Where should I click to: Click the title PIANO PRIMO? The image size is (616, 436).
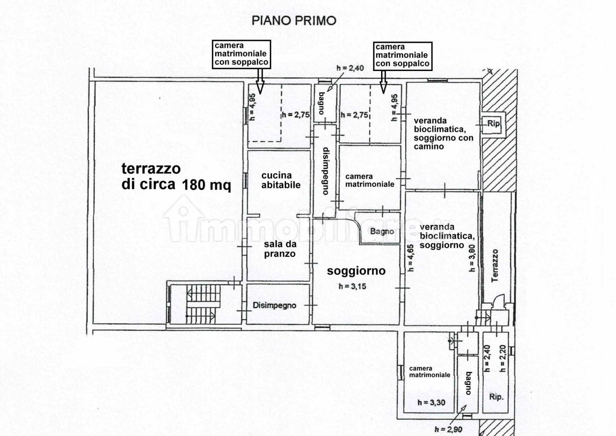pos(294,20)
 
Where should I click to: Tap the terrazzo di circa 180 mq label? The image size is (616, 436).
pos(176,176)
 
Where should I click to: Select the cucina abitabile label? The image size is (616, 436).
pos(281,180)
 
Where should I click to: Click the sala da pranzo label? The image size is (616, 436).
pos(279,249)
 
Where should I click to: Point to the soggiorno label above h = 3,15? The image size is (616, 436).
pos(356,271)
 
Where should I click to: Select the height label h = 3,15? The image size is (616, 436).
pos(352,286)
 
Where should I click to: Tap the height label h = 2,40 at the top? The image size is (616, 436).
pos(350,68)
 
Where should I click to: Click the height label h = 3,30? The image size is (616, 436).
pos(432,402)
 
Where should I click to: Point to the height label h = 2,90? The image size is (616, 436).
pos(448,429)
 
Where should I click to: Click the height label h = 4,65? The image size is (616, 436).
pos(410,257)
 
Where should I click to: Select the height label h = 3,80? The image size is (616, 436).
pos(472,257)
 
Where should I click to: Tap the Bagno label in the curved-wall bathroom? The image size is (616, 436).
pos(382,231)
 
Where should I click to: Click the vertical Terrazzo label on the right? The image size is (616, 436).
pos(495,266)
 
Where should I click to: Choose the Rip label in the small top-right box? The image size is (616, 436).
pos(493,123)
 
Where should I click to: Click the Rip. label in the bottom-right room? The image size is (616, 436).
pos(496,397)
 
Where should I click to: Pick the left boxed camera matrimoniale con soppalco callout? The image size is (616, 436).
pos(241,54)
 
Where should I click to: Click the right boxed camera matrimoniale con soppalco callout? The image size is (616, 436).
pos(402,55)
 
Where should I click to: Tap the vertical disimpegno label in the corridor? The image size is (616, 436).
pos(326,171)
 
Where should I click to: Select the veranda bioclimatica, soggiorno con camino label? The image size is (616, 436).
pos(443,133)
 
